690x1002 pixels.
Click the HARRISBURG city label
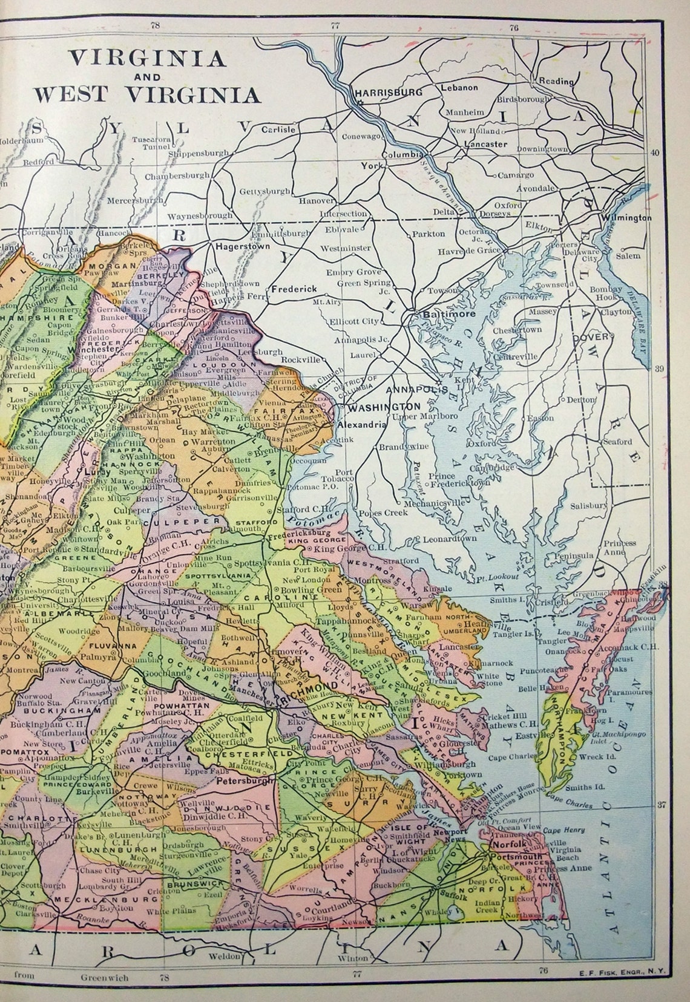379,93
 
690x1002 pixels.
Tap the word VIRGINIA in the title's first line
148,58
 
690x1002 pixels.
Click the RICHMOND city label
317,685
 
